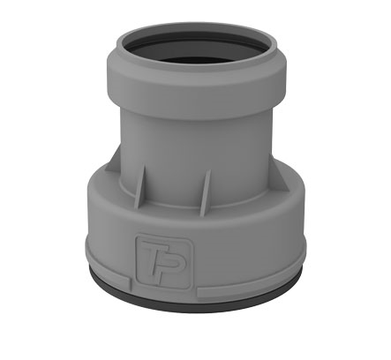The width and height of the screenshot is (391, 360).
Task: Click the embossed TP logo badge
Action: [x=164, y=261]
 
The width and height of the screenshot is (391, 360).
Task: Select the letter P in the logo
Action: [x=170, y=263]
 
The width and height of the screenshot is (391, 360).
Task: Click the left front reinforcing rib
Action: [x=140, y=187]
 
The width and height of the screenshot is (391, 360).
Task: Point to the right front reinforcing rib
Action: [x=206, y=192]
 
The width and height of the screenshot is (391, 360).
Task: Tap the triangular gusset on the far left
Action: [x=114, y=160]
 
